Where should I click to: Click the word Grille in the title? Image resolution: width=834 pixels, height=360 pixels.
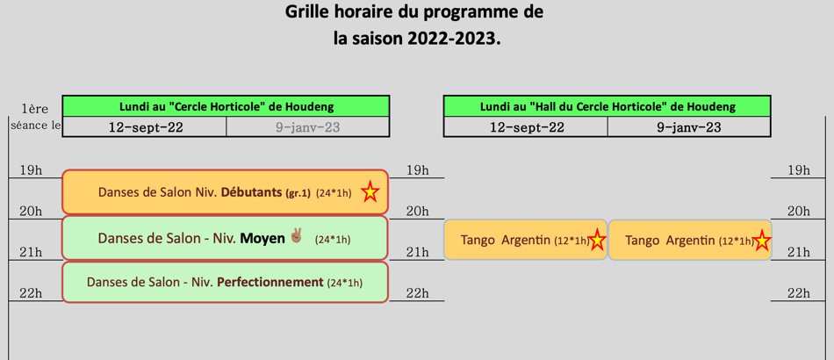pos(311,11)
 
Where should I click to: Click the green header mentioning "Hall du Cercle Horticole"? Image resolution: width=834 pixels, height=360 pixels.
pos(607,106)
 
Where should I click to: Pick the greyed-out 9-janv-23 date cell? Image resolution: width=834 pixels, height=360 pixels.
pos(307,127)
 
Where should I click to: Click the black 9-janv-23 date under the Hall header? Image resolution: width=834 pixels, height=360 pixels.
pos(689,127)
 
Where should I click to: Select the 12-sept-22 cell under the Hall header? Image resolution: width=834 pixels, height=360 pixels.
pos(526,127)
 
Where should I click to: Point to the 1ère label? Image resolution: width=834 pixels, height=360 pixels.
pos(35,110)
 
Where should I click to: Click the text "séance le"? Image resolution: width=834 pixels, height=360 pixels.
pos(34,126)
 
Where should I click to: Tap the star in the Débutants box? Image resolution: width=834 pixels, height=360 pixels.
pos(370,192)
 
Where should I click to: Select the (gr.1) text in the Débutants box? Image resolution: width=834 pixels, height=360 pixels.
pos(298,193)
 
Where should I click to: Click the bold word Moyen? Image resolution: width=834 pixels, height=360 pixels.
pos(262,239)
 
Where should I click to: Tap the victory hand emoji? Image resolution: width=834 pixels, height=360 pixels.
pos(296,235)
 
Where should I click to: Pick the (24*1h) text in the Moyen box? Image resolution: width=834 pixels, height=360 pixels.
pos(333,240)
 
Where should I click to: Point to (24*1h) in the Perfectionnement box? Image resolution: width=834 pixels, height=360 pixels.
pos(345,284)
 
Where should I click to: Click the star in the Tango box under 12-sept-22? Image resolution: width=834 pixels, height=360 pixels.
pos(597,241)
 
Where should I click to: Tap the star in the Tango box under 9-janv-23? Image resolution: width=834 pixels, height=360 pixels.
pos(762,241)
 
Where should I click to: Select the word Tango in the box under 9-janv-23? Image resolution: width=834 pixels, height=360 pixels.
pos(642,241)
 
